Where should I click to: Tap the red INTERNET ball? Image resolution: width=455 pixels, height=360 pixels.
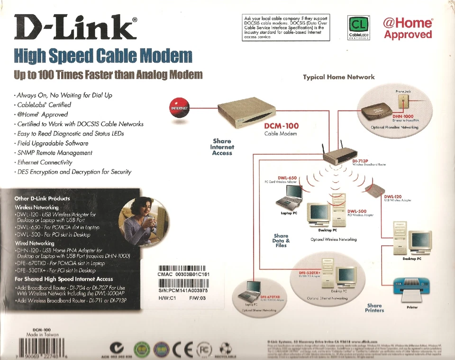[179, 108]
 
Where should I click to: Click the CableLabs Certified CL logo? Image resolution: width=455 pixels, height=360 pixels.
[358, 27]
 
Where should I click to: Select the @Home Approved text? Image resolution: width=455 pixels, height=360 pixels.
[408, 28]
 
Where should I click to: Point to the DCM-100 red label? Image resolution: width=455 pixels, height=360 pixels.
[281, 126]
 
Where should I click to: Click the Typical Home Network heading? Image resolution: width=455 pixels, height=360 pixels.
[338, 77]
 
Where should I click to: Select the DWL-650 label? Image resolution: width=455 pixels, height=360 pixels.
[287, 178]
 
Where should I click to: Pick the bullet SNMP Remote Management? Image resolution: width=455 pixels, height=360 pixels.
[55, 153]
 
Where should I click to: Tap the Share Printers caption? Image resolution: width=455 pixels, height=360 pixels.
[374, 308]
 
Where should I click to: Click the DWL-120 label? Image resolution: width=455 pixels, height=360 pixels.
[393, 196]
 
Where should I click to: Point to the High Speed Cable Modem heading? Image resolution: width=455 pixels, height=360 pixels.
[103, 56]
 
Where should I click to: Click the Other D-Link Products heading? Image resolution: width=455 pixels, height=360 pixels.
[42, 198]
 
